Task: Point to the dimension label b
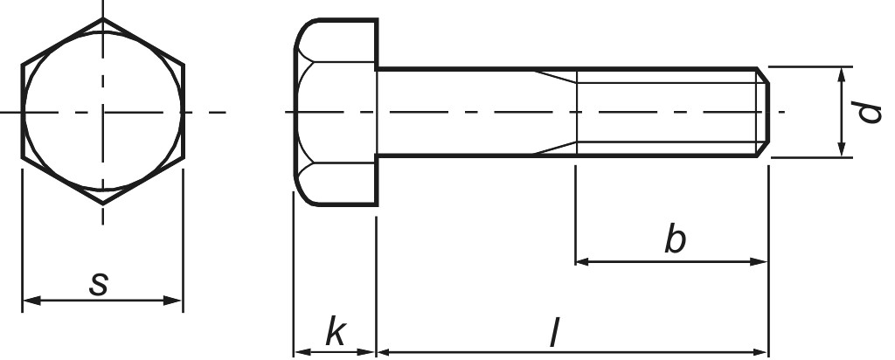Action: coord(674,239)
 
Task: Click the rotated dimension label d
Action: coord(868,112)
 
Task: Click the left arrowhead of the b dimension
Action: coord(581,260)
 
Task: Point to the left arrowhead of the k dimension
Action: coord(299,351)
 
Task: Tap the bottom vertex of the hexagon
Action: coord(102,204)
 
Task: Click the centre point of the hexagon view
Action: coord(102,112)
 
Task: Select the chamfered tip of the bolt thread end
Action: coord(763,112)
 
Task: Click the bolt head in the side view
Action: coord(335,112)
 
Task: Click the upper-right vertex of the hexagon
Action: coord(183,66)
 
